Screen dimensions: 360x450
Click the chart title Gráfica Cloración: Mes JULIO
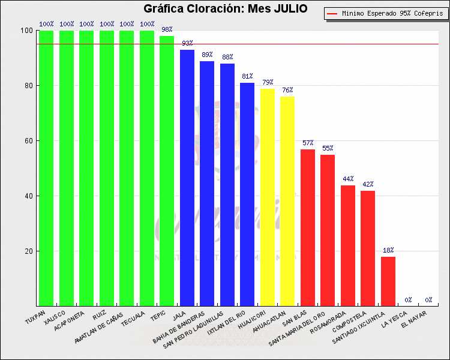point(225,9)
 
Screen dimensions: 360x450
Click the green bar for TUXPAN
point(46,168)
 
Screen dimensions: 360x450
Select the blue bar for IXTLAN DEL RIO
point(247,194)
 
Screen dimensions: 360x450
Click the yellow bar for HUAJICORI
point(268,197)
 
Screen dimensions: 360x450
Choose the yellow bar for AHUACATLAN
point(287,202)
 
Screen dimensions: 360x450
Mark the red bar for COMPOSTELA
point(368,248)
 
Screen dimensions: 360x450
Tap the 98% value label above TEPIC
point(167,29)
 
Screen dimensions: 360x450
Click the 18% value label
point(388,250)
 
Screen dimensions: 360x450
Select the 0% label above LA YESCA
point(408,300)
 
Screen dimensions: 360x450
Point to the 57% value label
point(308,143)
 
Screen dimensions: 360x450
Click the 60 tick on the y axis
point(28,141)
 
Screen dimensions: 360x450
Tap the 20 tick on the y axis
point(28,251)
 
